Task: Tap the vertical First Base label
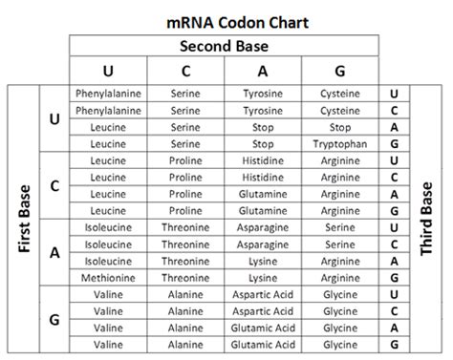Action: tap(22, 220)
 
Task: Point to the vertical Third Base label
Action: tap(428, 220)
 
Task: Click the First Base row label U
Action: tap(54, 118)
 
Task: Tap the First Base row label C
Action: tap(54, 185)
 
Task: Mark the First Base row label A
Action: tap(54, 252)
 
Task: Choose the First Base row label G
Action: tap(54, 320)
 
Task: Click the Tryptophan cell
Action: tap(340, 143)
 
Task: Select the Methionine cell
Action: tap(108, 277)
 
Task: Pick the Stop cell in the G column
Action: tap(340, 127)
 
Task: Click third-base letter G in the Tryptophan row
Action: tap(394, 143)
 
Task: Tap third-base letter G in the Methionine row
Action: tap(394, 277)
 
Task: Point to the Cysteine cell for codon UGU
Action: tap(340, 94)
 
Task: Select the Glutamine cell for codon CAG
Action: tap(263, 210)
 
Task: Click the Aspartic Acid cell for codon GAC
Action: tap(263, 311)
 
